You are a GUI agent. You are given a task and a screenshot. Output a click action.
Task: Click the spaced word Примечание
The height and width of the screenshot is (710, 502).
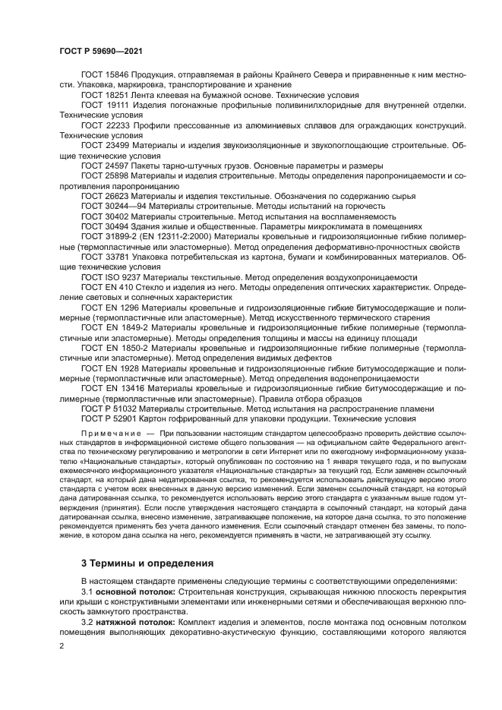click(109, 435)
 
